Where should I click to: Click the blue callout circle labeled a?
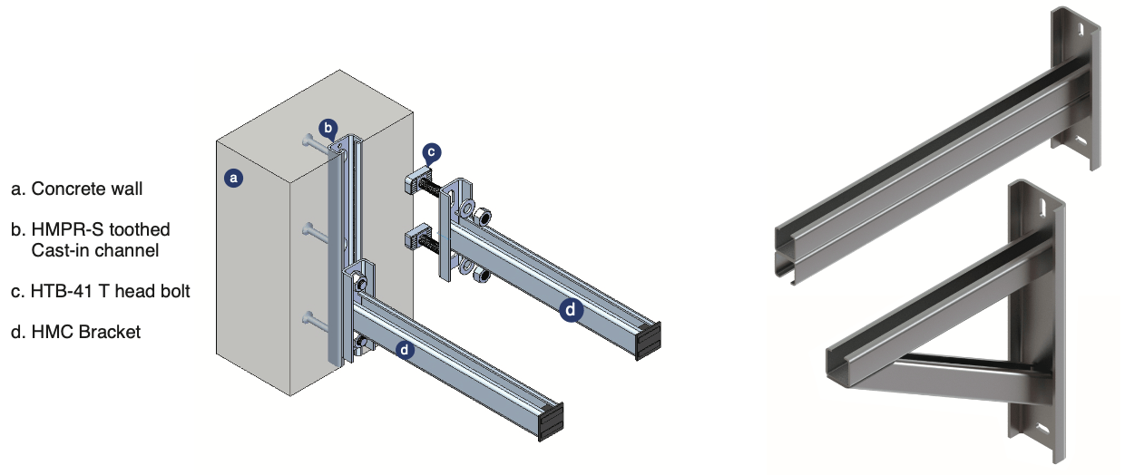(x=233, y=178)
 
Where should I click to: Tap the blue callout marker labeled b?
(x=328, y=129)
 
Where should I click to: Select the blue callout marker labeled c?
(x=432, y=152)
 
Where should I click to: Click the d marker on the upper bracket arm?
(x=571, y=310)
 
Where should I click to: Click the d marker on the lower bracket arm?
(x=405, y=350)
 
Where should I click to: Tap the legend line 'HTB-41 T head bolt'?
(x=101, y=291)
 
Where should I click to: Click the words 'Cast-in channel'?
(x=95, y=250)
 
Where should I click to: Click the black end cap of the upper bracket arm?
(x=649, y=341)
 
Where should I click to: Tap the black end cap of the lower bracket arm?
(x=551, y=422)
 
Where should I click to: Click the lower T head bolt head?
(x=417, y=237)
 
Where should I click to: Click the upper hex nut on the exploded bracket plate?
(x=482, y=217)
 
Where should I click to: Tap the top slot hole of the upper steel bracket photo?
(x=1078, y=30)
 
